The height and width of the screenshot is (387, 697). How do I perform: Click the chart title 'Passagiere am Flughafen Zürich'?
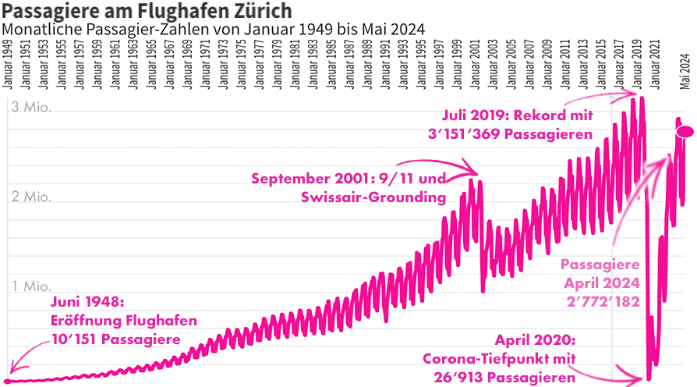pyautogui.click(x=147, y=11)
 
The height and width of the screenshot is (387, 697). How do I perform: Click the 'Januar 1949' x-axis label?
pyautogui.click(x=8, y=69)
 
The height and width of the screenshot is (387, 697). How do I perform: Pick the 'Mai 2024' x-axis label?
pyautogui.click(x=684, y=72)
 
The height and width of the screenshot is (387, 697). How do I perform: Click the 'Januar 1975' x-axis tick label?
pyautogui.click(x=242, y=69)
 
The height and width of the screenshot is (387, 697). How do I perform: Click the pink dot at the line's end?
pyautogui.click(x=685, y=131)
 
